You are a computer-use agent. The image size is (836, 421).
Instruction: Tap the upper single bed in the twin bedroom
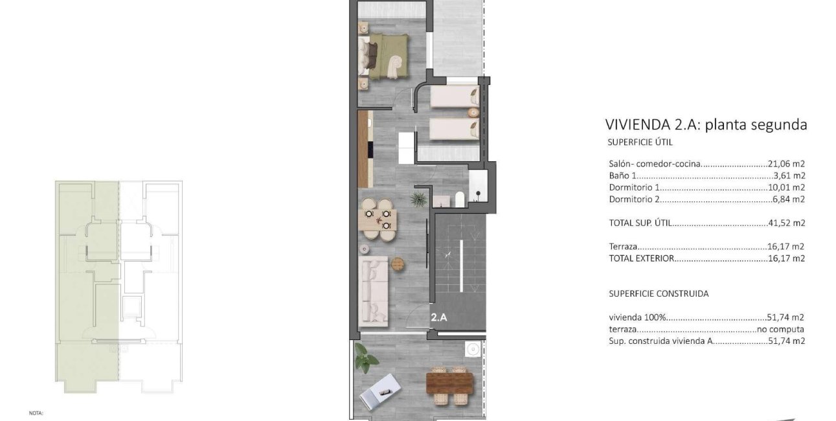coord(454,98)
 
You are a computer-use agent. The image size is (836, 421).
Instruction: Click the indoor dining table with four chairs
coord(378,220)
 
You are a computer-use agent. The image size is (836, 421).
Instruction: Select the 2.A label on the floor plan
coord(440,317)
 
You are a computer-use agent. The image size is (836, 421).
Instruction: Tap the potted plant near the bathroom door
coord(420,197)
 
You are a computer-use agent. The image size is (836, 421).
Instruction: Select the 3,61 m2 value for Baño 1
coord(790,176)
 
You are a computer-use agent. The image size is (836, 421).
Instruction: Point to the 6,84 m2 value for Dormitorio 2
coord(790,199)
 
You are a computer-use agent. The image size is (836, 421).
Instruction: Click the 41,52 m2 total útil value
coord(788,223)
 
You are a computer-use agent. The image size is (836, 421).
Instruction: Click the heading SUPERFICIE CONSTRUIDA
coord(659,293)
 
